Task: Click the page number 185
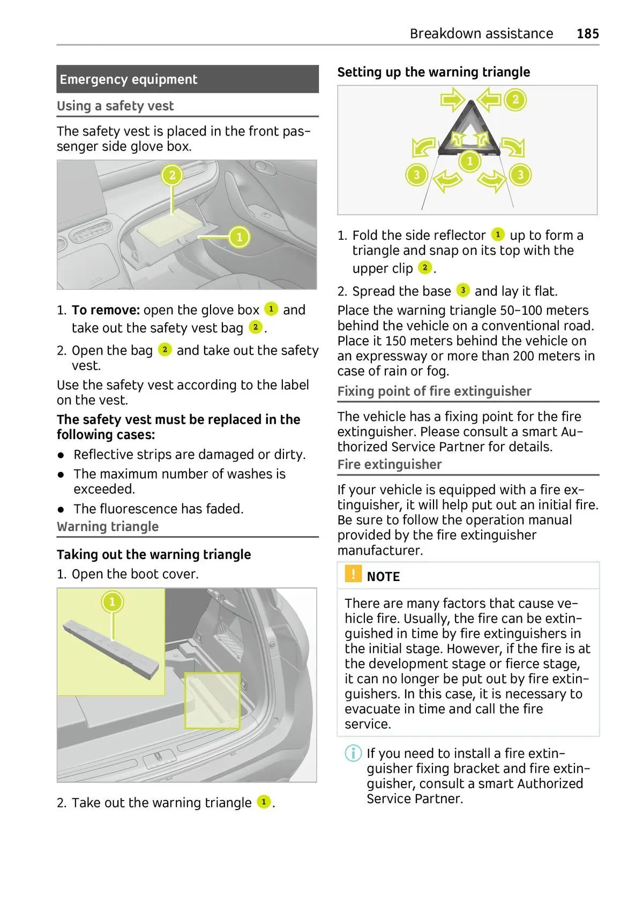(587, 34)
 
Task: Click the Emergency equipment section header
(129, 79)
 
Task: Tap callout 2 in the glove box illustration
(172, 175)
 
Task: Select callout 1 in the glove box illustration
(239, 236)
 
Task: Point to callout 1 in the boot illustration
(112, 601)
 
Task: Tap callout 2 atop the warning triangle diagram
(515, 100)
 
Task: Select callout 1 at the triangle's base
(470, 161)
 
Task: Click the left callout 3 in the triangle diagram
(416, 175)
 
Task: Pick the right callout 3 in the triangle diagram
(520, 175)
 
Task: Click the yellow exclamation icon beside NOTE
(353, 574)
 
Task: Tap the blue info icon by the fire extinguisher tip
(353, 753)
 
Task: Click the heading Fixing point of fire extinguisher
(434, 391)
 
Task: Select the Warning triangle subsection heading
(108, 527)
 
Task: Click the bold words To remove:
(106, 310)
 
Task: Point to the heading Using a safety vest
(115, 106)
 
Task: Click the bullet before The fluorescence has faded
(62, 509)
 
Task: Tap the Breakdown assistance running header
(481, 34)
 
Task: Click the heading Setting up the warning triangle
(433, 72)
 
